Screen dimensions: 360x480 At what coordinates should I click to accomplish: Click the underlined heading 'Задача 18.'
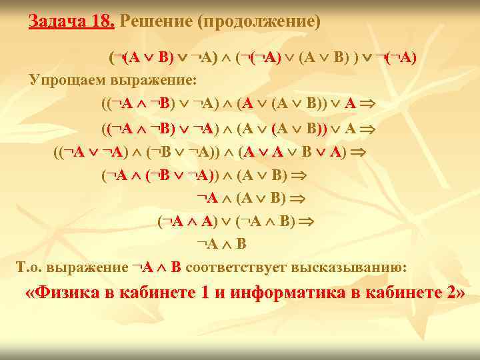pyautogui.click(x=72, y=21)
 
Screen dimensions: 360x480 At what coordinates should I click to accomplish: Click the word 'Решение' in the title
pyautogui.click(x=155, y=21)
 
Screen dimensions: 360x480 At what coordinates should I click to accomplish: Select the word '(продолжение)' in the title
pyautogui.click(x=259, y=21)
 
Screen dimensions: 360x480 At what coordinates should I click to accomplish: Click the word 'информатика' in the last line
pyautogui.click(x=291, y=295)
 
